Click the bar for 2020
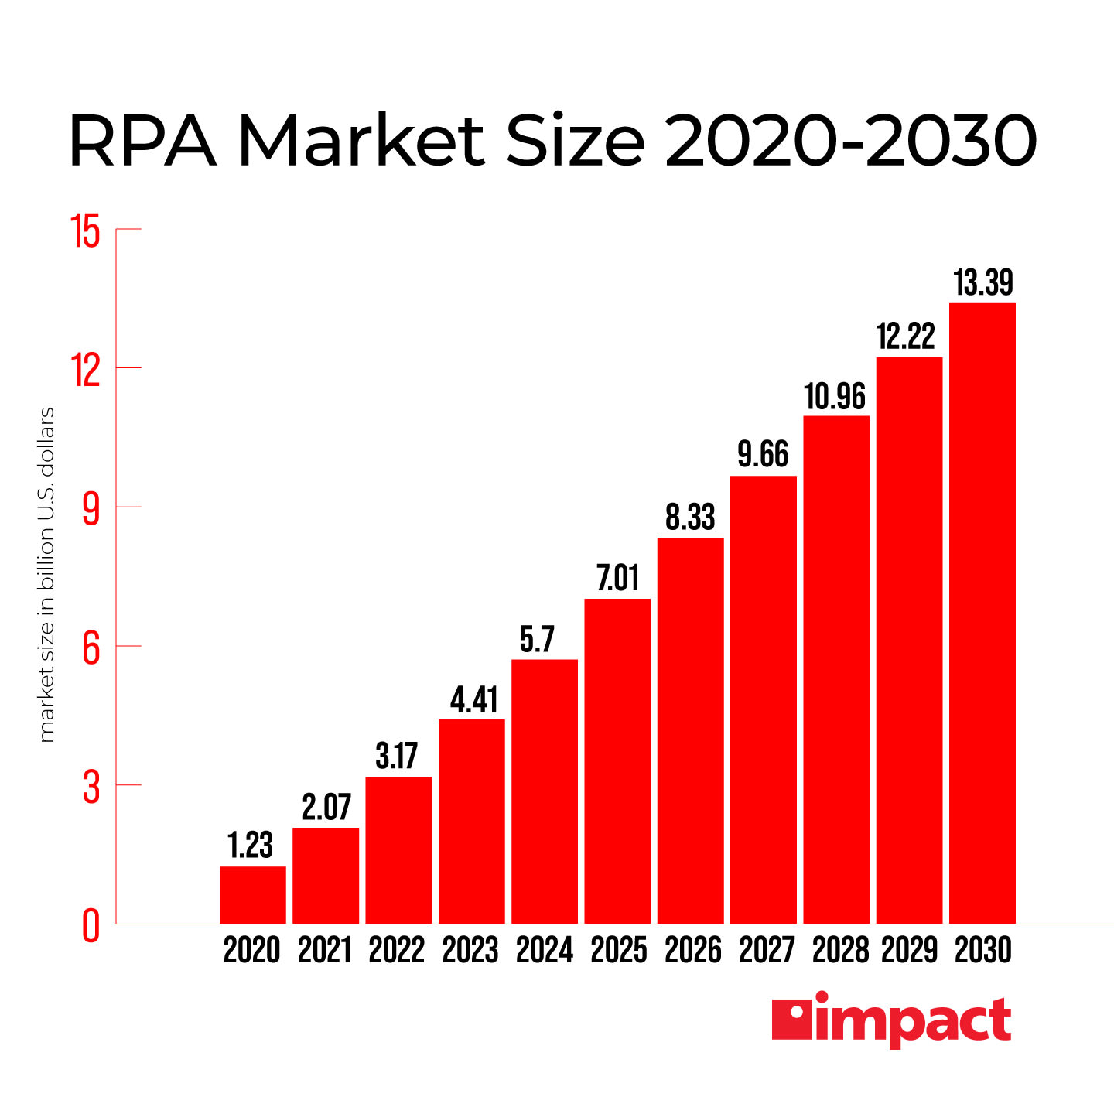coord(252,895)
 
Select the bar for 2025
coord(617,761)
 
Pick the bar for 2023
coord(471,822)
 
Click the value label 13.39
coord(983,283)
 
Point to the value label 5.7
coord(537,640)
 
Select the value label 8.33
coord(690,518)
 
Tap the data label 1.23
coord(250,846)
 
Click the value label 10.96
coord(835,397)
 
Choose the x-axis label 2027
coord(766,950)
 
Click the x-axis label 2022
coord(397,950)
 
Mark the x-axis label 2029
coord(909,950)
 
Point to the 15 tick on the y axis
coord(86,231)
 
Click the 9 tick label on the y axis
coord(91,508)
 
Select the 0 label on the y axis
coord(91,925)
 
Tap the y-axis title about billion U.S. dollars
coord(46,575)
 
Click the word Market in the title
coord(361,141)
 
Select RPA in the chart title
coord(142,141)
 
